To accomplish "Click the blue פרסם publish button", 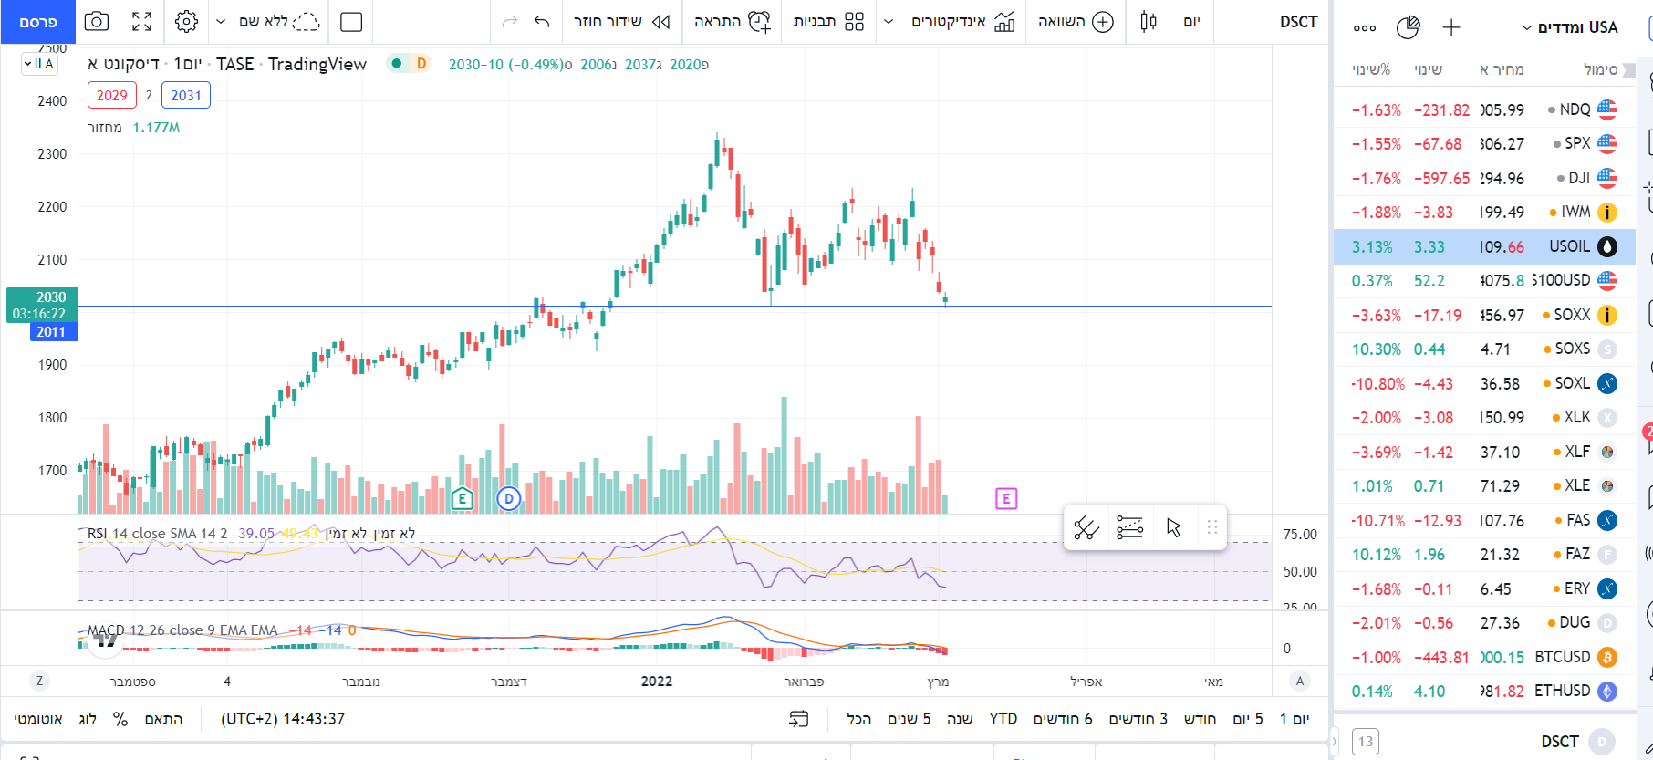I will [x=37, y=22].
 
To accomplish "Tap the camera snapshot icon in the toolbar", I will [x=96, y=22].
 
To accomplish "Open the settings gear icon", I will [x=186, y=22].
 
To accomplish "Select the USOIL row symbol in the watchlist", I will [x=1569, y=246].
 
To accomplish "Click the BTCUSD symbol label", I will [x=1562, y=657].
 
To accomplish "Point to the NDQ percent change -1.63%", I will [x=1376, y=110].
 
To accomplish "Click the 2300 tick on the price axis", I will [x=52, y=154].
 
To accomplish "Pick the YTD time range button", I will [x=1003, y=719].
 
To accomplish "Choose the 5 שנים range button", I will [x=909, y=719].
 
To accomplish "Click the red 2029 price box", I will [x=111, y=95].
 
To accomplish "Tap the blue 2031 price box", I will [x=185, y=95].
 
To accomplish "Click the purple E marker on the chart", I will [x=1005, y=498].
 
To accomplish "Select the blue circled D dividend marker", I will [x=508, y=498].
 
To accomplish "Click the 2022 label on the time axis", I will [x=656, y=682].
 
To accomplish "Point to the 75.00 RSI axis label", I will [x=1300, y=535].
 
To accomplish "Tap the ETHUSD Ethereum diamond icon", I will [x=1607, y=692].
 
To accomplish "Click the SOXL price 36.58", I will [x=1500, y=384].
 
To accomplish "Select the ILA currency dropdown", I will [x=39, y=64].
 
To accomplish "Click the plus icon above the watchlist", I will [x=1451, y=27].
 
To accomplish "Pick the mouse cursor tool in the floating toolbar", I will [x=1173, y=527].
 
